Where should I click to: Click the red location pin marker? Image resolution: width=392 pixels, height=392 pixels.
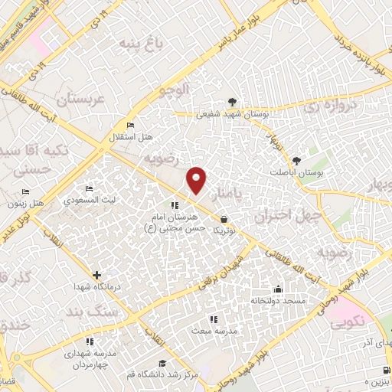tap(198, 180)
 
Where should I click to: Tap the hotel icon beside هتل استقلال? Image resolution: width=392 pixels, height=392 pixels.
tap(130, 126)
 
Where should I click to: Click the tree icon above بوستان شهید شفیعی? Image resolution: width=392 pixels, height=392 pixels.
tap(231, 101)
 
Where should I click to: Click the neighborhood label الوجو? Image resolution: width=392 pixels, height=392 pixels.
tap(173, 90)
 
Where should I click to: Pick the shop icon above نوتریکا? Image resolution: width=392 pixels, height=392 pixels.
tap(223, 219)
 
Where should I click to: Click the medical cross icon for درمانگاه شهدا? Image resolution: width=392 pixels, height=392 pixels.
tap(96, 275)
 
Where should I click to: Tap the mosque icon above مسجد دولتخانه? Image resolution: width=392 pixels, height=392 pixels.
tap(276, 289)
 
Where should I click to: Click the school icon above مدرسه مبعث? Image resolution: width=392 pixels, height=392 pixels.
tap(213, 318)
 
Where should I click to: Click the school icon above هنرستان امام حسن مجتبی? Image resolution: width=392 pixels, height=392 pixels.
tap(174, 205)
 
